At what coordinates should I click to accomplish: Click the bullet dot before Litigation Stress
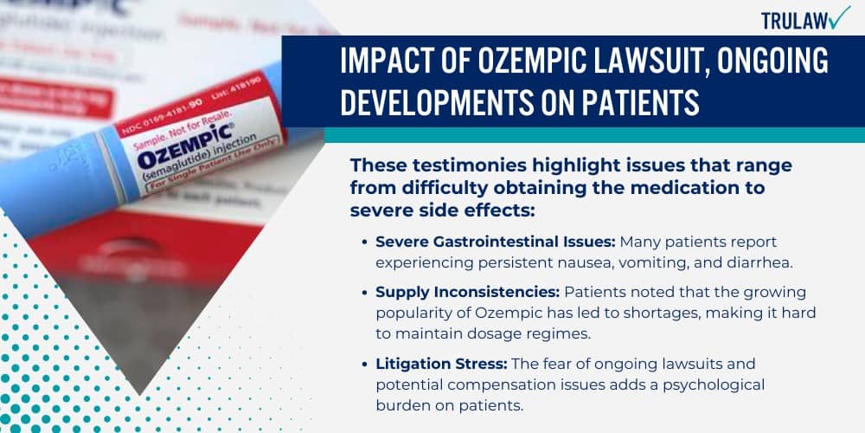(x=366, y=364)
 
